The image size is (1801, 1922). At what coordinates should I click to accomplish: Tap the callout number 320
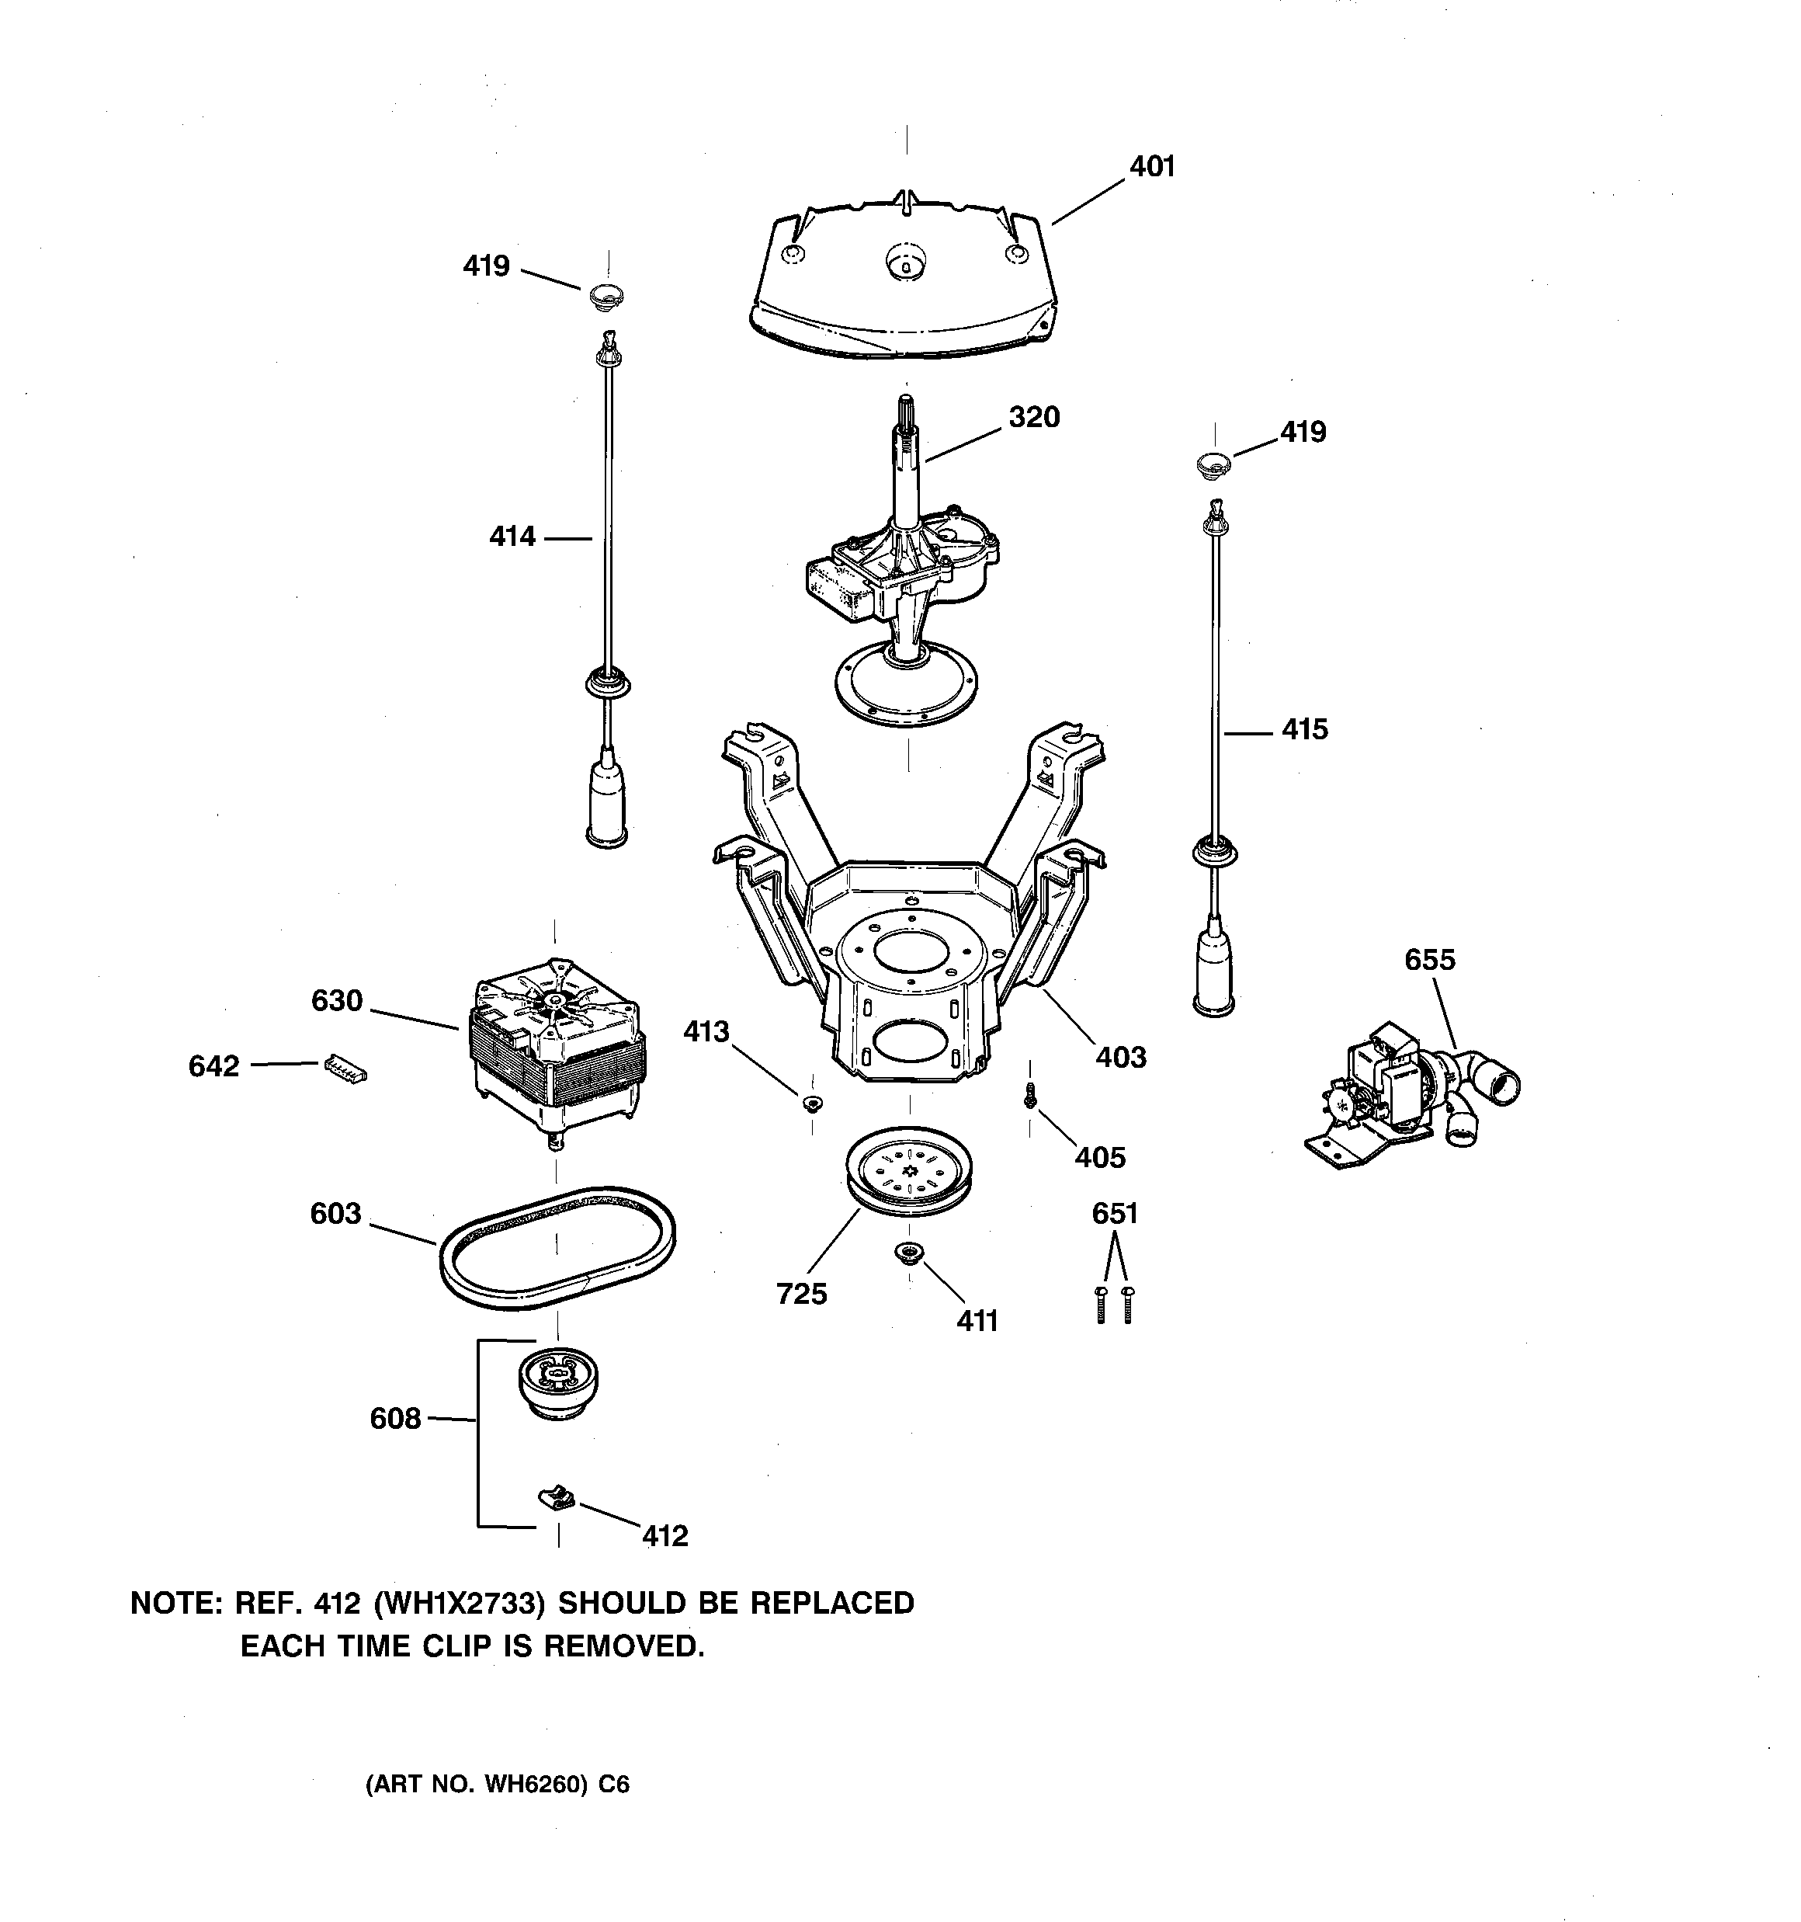1033,418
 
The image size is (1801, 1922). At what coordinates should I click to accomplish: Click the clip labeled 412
557,1500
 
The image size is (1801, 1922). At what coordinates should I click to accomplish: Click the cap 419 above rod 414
606,294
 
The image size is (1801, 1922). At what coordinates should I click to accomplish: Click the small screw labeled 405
1030,1094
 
